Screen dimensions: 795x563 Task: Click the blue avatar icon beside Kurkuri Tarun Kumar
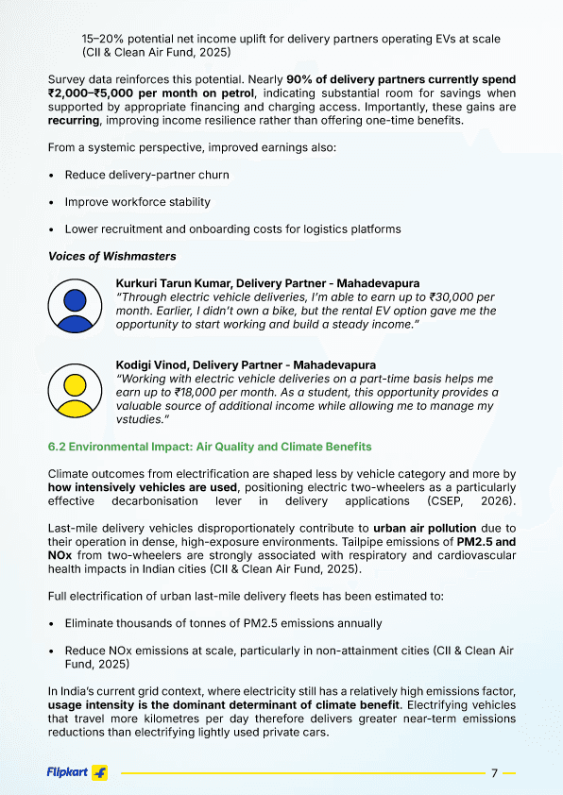click(76, 304)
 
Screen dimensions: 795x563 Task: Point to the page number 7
click(495, 773)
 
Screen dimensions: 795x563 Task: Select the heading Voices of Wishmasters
click(111, 256)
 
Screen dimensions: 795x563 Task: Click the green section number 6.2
click(59, 446)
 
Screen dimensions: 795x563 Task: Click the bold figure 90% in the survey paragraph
click(302, 79)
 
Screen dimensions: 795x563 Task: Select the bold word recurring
click(74, 122)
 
